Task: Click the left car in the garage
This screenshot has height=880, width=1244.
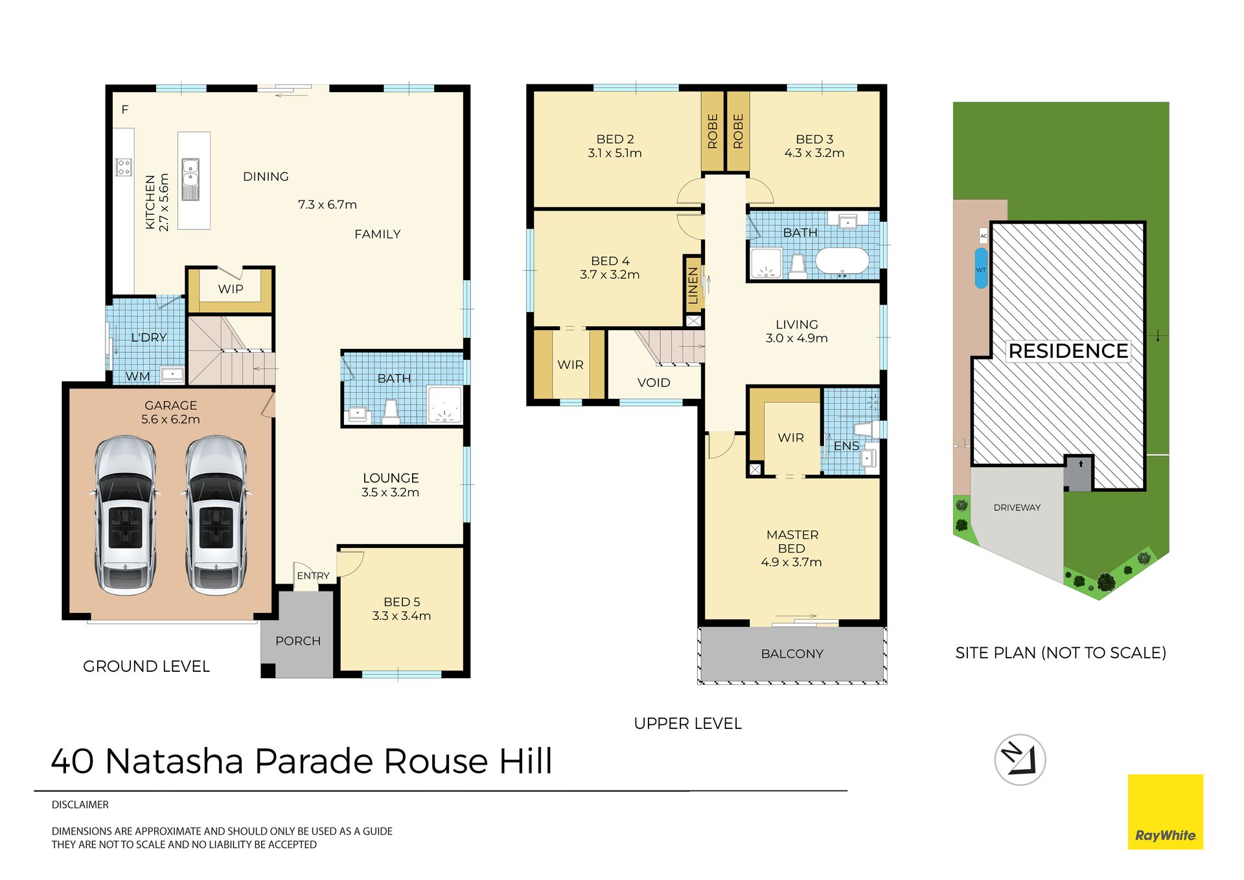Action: point(125,515)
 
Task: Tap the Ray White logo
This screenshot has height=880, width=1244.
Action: point(1165,811)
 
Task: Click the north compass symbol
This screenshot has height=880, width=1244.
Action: point(1020,759)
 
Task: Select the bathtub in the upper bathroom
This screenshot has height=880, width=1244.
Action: point(842,261)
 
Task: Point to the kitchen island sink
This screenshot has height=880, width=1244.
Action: point(190,179)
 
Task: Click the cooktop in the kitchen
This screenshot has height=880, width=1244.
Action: point(124,167)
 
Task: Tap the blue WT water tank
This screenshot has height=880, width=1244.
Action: point(981,268)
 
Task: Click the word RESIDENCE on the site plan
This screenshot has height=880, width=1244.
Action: point(1068,351)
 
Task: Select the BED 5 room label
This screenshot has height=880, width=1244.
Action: point(402,602)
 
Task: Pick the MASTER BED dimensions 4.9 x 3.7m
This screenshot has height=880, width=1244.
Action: point(791,562)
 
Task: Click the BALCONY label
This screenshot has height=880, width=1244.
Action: point(792,654)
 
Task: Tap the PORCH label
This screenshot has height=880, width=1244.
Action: point(298,641)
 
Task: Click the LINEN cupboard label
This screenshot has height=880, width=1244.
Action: point(693,285)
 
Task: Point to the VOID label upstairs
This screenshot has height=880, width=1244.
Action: point(654,383)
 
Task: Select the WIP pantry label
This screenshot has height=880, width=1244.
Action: point(231,289)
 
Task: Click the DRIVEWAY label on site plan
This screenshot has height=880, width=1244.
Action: point(1017,508)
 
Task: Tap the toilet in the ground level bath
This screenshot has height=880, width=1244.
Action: point(391,412)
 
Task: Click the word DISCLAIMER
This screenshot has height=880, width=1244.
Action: point(80,805)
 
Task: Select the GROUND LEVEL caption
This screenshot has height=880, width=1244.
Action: point(146,666)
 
